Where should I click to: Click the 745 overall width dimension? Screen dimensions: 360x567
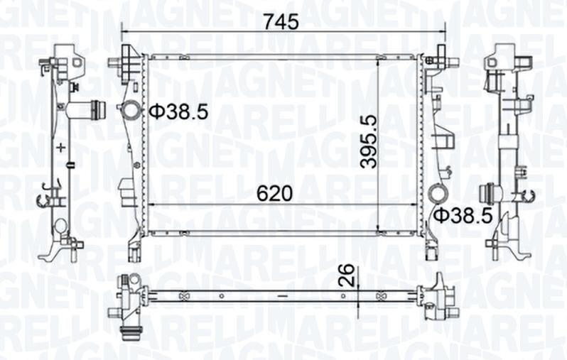pyautogui.click(x=281, y=21)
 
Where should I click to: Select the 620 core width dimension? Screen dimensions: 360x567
pyautogui.click(x=275, y=192)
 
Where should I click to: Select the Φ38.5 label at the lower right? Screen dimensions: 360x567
pyautogui.click(x=463, y=215)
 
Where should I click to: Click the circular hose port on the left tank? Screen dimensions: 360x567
pyautogui.click(x=131, y=111)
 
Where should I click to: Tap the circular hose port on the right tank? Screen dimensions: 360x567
pyautogui.click(x=438, y=193)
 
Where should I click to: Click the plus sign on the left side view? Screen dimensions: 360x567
pyautogui.click(x=62, y=148)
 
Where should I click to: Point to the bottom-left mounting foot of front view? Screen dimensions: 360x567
pyautogui.click(x=134, y=249)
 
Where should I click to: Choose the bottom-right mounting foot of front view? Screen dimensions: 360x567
pyautogui.click(x=433, y=249)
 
